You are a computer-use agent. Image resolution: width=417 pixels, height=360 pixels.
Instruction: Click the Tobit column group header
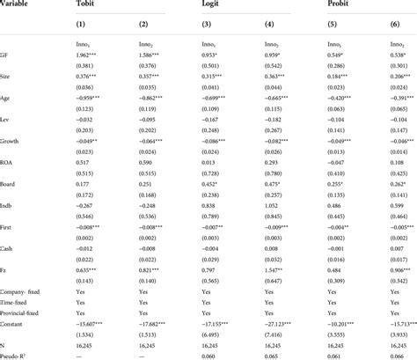click(112, 4)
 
